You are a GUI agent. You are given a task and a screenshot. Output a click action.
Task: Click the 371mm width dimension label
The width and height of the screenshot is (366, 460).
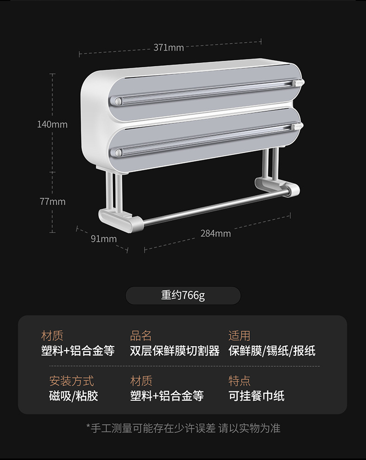[169, 47]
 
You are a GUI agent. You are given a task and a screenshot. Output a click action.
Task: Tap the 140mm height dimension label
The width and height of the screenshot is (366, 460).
[52, 124]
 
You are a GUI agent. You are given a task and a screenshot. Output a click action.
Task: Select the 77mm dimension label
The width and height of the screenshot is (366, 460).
[52, 202]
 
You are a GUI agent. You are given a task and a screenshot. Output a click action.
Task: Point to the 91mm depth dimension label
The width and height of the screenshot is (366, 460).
[103, 239]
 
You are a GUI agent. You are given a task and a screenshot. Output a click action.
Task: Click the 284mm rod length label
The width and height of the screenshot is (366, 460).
[215, 233]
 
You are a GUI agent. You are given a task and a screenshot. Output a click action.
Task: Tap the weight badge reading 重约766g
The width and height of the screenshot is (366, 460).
[183, 295]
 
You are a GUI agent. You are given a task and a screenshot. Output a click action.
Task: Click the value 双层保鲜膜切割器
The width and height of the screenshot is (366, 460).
[175, 351]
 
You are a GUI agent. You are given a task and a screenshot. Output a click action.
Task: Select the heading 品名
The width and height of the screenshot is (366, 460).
[141, 336]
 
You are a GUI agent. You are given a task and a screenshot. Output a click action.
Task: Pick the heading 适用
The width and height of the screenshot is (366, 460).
[239, 336]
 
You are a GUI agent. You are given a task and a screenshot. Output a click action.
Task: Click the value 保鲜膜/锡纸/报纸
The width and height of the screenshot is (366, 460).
[272, 351]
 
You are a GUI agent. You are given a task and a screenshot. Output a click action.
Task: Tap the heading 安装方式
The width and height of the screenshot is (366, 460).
[71, 381]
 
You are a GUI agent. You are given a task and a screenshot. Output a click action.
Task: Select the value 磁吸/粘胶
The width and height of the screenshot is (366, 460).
[73, 396]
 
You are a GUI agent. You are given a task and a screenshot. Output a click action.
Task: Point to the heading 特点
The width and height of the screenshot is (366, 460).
[239, 381]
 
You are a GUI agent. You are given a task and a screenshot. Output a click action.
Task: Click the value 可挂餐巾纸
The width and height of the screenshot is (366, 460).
[256, 396]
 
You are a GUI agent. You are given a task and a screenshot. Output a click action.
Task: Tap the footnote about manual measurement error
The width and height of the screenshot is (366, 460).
[183, 428]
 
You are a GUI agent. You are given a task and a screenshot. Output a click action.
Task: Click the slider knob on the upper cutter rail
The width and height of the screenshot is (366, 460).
[297, 83]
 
